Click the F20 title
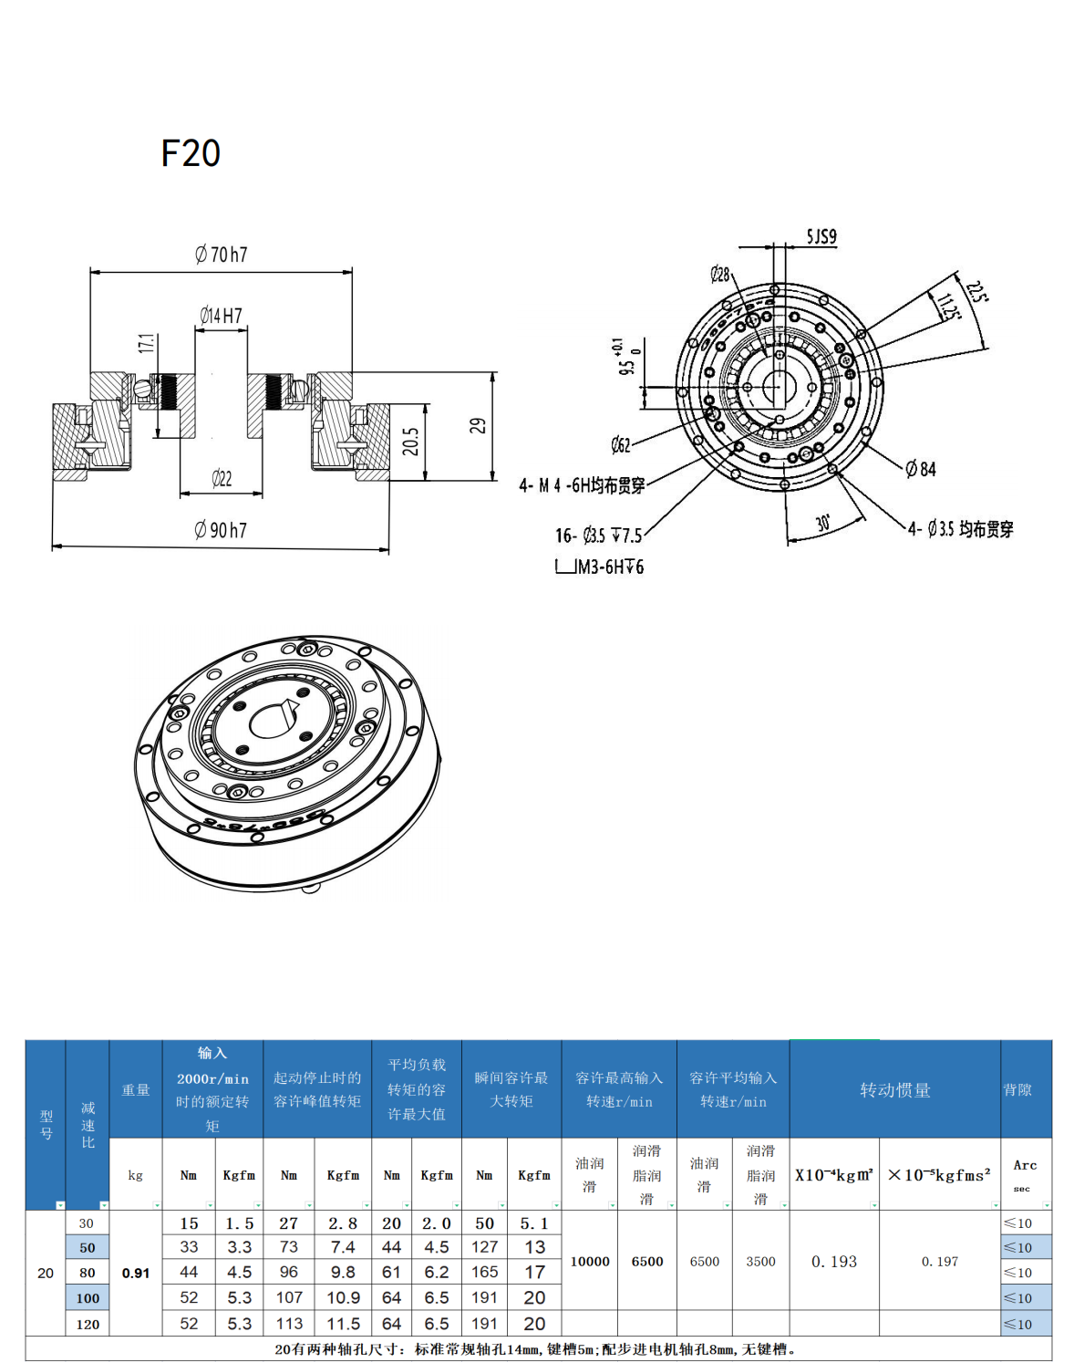coord(191,153)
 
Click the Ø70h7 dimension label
coord(221,255)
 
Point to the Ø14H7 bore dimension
coord(221,316)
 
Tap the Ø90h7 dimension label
coord(221,530)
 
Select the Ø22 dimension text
coord(222,479)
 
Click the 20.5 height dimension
coord(411,442)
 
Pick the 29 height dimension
coord(478,425)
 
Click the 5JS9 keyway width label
coord(821,237)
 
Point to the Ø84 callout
coord(921,469)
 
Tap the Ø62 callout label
coord(621,445)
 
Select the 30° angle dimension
coord(823,523)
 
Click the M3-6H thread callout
coord(609,567)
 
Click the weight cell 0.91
coord(136,1274)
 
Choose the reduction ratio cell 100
coord(88,1298)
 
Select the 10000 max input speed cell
coord(590,1262)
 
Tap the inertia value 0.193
coord(834,1262)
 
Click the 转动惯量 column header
coord(894,1090)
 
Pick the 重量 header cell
coord(136,1090)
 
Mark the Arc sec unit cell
coord(1025,1175)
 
